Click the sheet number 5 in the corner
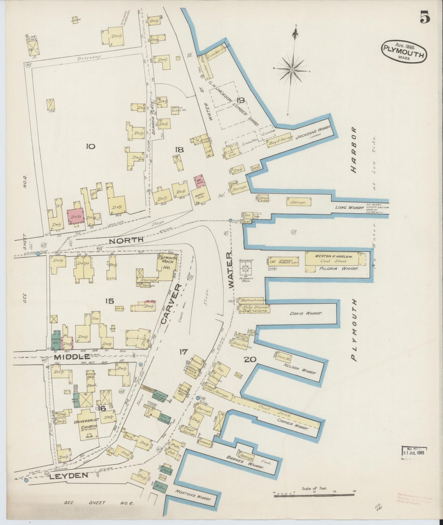click(x=425, y=17)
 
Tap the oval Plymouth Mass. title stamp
click(x=404, y=51)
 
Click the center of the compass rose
click(x=292, y=70)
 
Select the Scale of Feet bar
click(x=314, y=493)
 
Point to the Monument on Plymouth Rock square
click(x=246, y=269)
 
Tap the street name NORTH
click(x=126, y=240)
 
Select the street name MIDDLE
click(x=72, y=357)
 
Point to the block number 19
click(x=240, y=100)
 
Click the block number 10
click(x=90, y=146)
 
